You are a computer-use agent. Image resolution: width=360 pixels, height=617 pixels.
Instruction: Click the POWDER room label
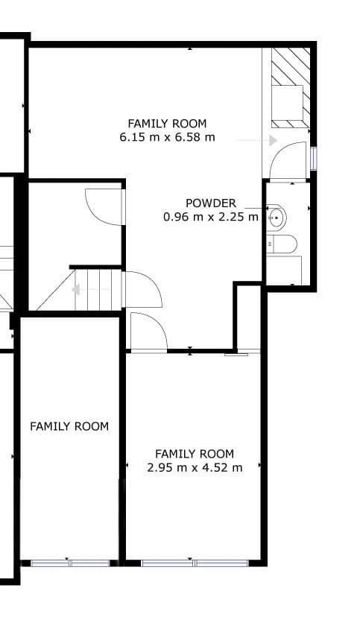(x=211, y=203)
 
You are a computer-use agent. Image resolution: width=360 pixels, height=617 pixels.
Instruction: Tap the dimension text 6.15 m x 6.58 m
(x=167, y=137)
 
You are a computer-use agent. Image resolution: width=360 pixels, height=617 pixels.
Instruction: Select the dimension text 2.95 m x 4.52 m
(x=195, y=467)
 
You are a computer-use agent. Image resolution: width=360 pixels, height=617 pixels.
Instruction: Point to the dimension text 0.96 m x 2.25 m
(x=211, y=217)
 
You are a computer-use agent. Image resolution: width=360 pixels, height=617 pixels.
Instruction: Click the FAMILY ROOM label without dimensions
(x=69, y=426)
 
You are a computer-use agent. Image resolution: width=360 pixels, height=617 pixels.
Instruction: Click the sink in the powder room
(x=277, y=218)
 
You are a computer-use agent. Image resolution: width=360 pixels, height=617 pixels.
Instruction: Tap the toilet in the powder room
(x=282, y=244)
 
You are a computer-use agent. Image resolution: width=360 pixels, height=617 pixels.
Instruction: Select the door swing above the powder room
(x=288, y=161)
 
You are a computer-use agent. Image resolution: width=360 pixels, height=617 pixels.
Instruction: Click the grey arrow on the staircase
(x=76, y=290)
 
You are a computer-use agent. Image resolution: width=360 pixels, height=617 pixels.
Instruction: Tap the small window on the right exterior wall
(x=313, y=159)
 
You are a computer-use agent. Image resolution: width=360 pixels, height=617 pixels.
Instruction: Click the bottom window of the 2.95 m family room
(x=195, y=563)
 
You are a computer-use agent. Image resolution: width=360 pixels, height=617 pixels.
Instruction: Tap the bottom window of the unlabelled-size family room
(x=69, y=563)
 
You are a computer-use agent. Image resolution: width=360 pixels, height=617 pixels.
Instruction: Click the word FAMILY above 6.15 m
(x=145, y=124)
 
